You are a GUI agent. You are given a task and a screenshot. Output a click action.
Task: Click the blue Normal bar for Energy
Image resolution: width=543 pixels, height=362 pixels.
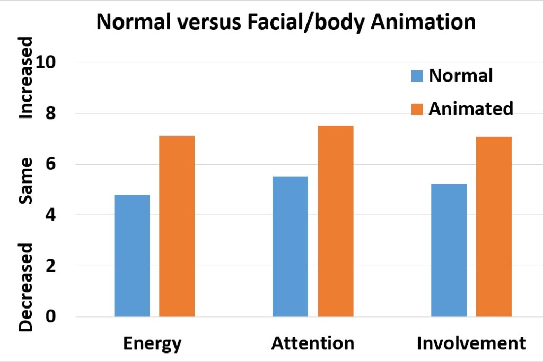pyautogui.click(x=132, y=256)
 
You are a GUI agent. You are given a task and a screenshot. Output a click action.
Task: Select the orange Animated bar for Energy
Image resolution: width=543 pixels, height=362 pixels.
pyautogui.click(x=177, y=227)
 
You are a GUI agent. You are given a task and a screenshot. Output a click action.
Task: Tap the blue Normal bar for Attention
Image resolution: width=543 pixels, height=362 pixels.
pyautogui.click(x=290, y=247)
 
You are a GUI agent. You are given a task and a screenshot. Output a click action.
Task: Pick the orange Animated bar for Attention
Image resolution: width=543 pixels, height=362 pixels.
pyautogui.click(x=335, y=221)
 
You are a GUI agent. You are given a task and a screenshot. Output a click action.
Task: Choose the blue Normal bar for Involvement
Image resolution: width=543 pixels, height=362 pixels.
pyautogui.click(x=449, y=250)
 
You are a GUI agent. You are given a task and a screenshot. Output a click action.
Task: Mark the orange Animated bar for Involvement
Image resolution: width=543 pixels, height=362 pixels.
pyautogui.click(x=494, y=227)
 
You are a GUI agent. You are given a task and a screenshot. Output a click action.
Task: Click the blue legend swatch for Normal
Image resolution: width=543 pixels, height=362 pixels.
pyautogui.click(x=417, y=76)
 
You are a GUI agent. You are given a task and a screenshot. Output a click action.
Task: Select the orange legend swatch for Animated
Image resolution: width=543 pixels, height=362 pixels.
pyautogui.click(x=417, y=109)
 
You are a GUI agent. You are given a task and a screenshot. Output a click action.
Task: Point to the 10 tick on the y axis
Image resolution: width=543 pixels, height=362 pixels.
pyautogui.click(x=59, y=62)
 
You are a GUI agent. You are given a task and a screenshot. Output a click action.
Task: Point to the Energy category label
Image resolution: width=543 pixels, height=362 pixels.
pyautogui.click(x=152, y=343)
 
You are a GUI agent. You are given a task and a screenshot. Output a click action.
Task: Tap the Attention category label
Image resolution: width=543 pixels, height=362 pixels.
pyautogui.click(x=312, y=343)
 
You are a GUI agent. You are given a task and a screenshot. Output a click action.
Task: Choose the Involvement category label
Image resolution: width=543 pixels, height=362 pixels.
pyautogui.click(x=471, y=343)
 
